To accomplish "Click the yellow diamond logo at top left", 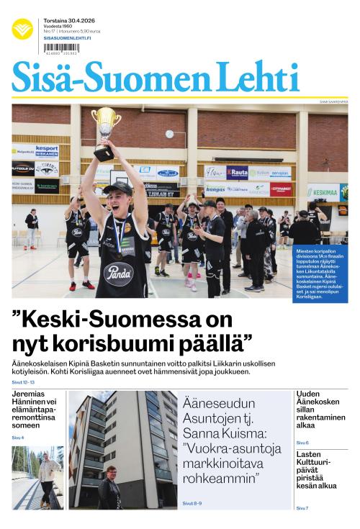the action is click(x=22, y=30).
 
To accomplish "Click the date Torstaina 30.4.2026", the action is click(x=71, y=20).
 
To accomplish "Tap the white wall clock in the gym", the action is click(x=169, y=134).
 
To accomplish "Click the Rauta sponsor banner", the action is click(x=237, y=173).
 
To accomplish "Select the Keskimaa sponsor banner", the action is click(x=323, y=192).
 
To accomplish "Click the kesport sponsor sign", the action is click(x=47, y=150).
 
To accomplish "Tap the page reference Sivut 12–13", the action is click(x=22, y=381).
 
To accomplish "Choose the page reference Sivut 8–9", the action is click(x=192, y=503).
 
